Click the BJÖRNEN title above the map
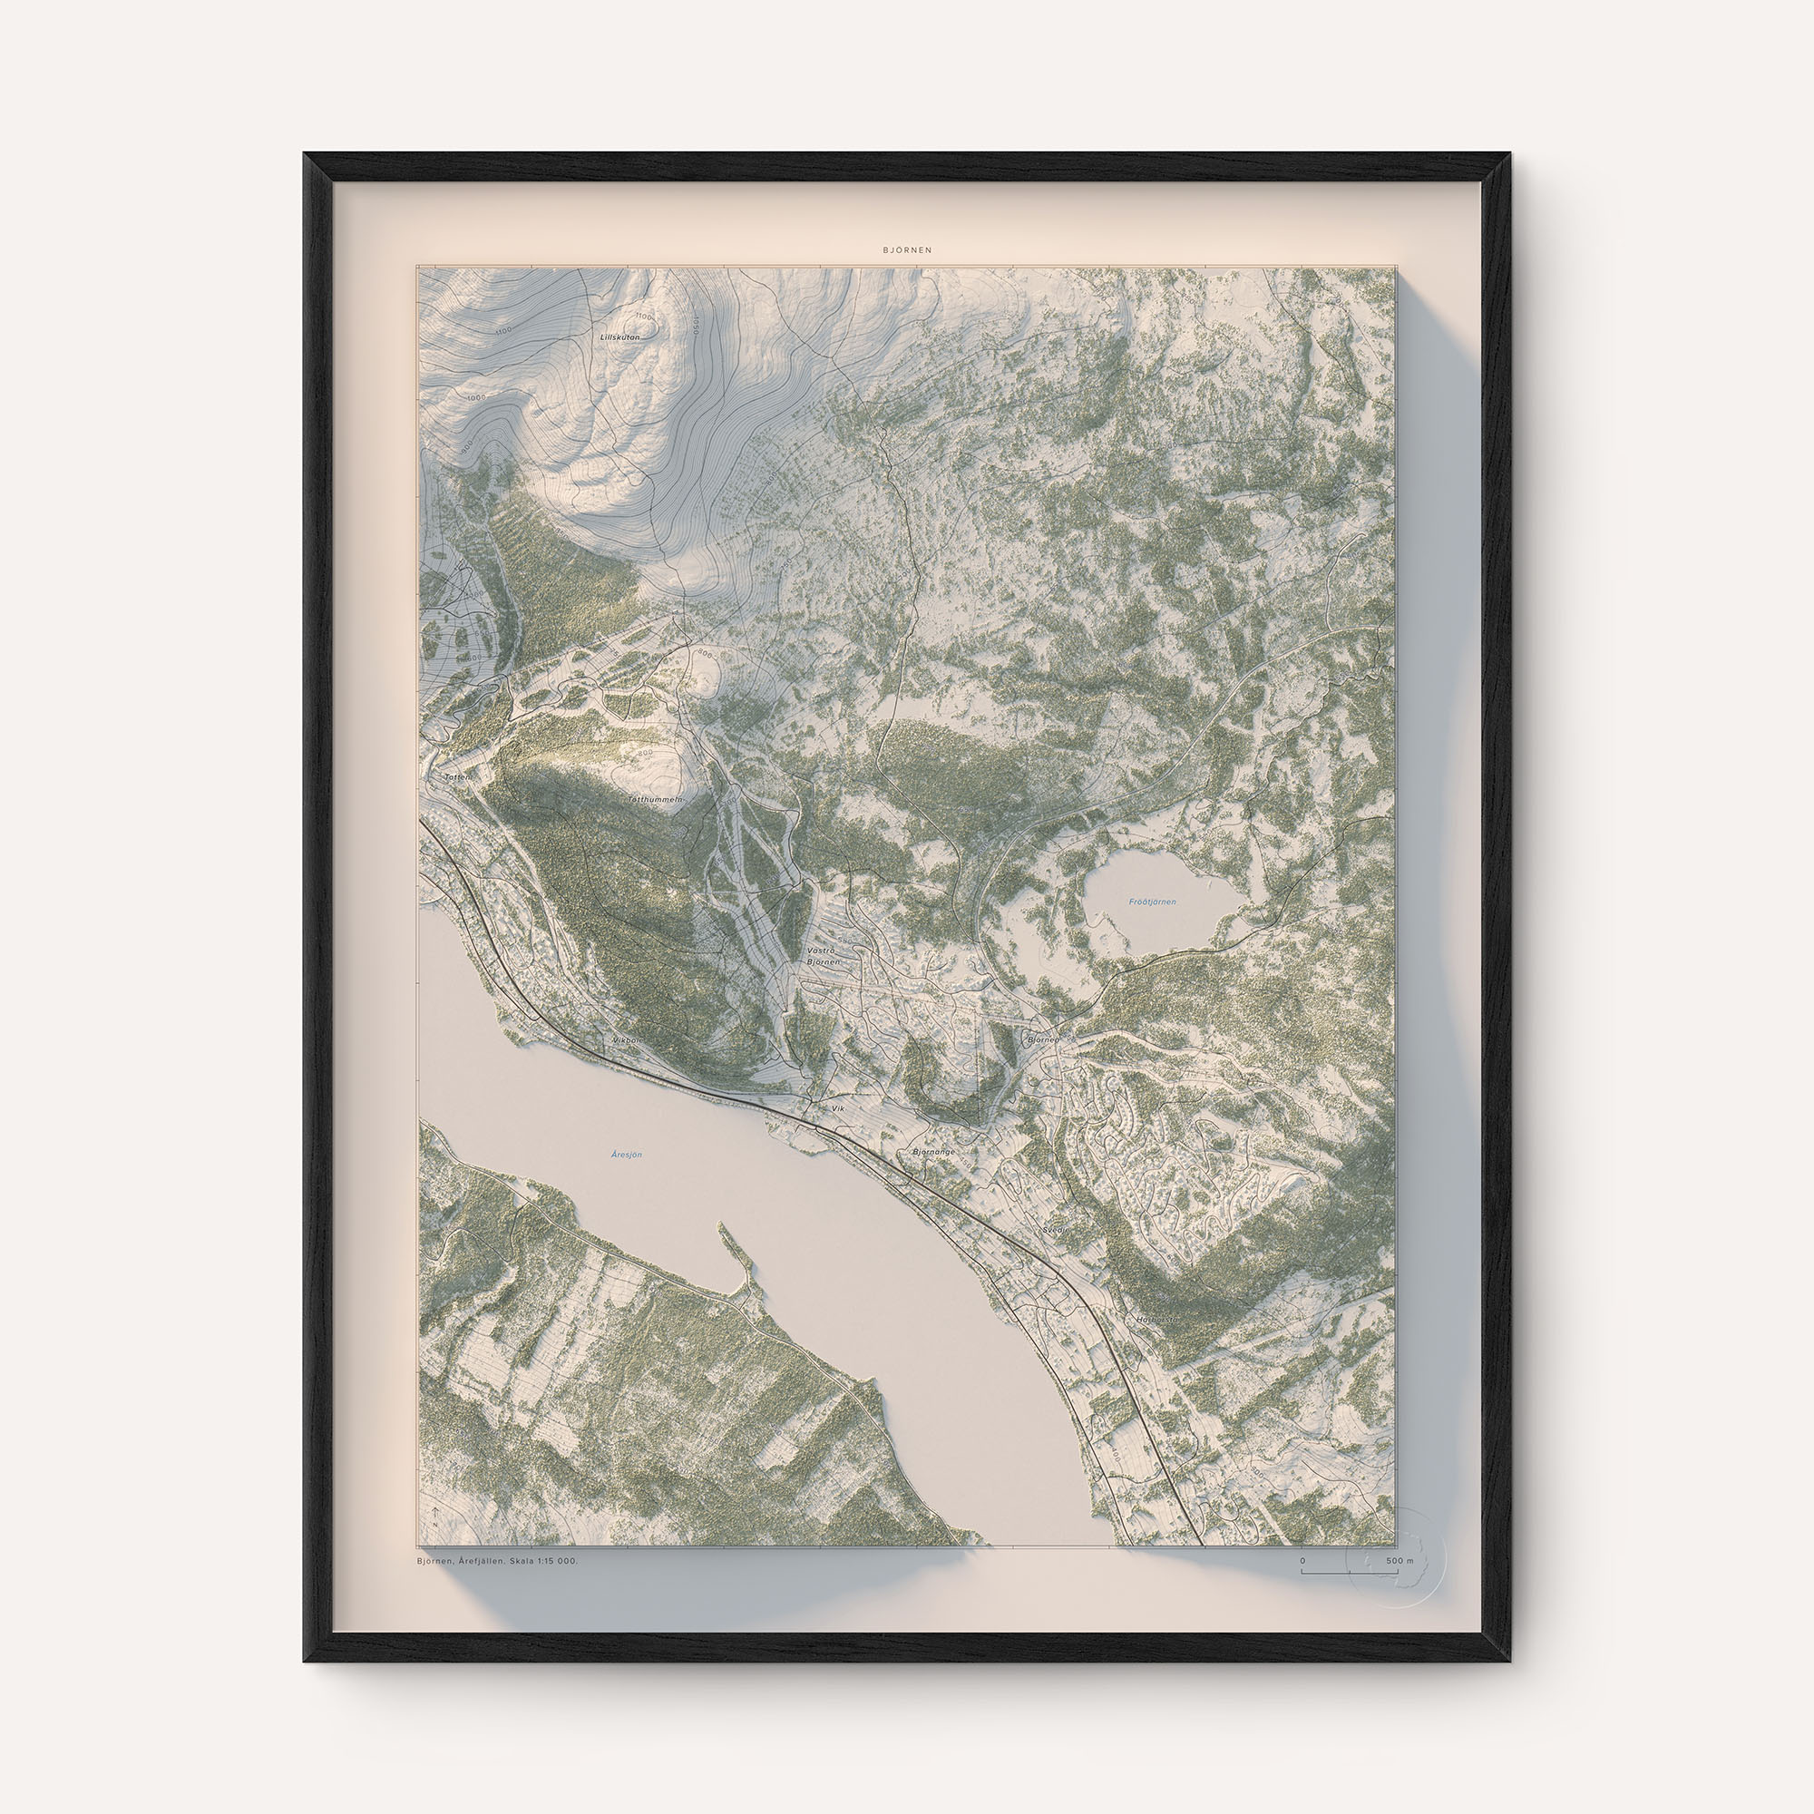pyautogui.click(x=907, y=250)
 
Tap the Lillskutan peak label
pyautogui.click(x=619, y=336)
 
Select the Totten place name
pyautogui.click(x=456, y=777)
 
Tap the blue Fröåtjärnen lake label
pyautogui.click(x=1151, y=902)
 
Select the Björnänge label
pyautogui.click(x=933, y=1151)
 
